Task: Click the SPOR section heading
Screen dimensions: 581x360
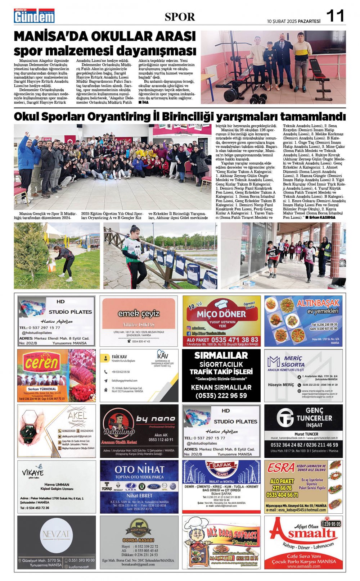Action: pyautogui.click(x=180, y=17)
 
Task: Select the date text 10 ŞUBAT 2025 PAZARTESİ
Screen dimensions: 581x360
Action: pyautogui.click(x=293, y=21)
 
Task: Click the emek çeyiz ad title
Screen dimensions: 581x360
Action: pyautogui.click(x=139, y=313)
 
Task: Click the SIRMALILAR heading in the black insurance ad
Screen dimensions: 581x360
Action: pyautogui.click(x=221, y=355)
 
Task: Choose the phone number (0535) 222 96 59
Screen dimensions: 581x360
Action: pyautogui.click(x=221, y=395)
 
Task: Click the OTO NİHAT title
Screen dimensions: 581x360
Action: pyautogui.click(x=139, y=469)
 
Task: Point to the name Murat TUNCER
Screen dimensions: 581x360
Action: pyautogui.click(x=306, y=434)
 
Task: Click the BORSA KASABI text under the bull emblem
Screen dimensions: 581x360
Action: pyautogui.click(x=138, y=540)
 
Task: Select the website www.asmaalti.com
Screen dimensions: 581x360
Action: pyautogui.click(x=303, y=566)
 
